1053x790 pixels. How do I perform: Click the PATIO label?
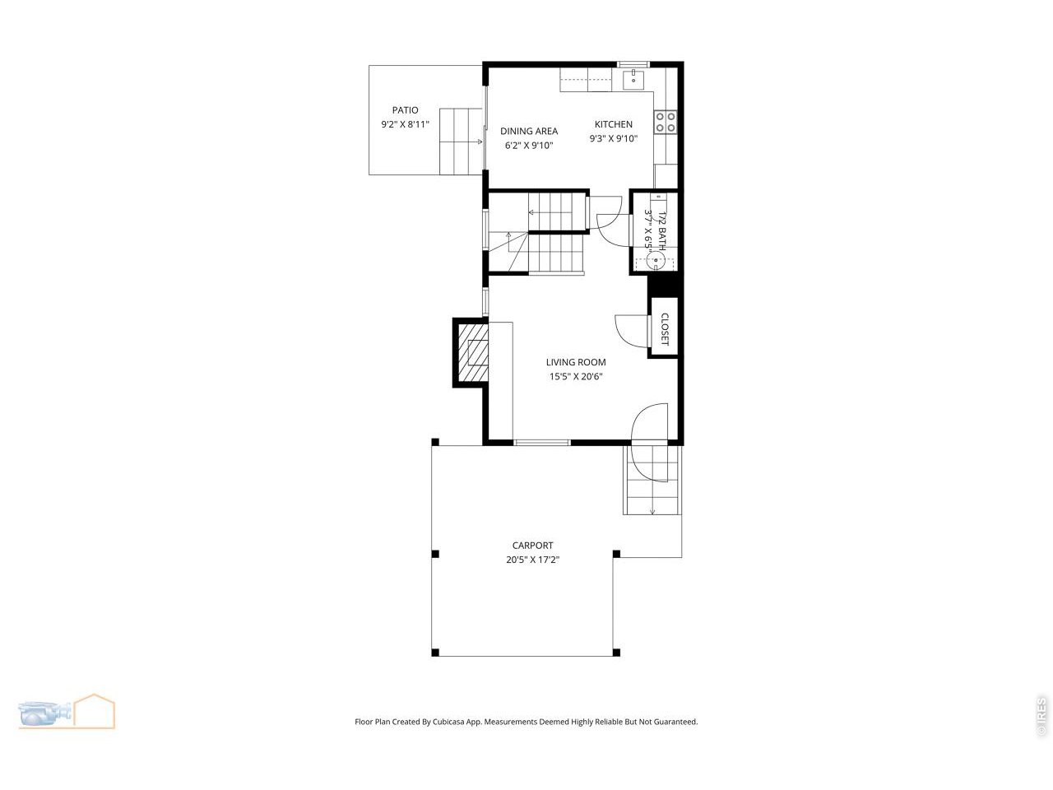(405, 110)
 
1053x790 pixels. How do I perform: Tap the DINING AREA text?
(529, 131)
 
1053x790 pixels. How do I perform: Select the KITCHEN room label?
(614, 124)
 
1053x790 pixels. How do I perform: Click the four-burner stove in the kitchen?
(666, 122)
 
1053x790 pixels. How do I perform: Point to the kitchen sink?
(633, 78)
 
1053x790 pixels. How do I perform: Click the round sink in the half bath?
(656, 261)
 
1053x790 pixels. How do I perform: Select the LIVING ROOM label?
(576, 362)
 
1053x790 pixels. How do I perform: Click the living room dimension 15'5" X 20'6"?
(576, 377)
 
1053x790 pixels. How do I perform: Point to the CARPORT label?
(532, 545)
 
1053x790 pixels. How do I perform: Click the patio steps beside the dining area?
(460, 142)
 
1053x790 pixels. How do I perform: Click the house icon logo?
(95, 710)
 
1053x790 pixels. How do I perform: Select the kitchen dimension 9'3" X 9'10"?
(614, 139)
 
